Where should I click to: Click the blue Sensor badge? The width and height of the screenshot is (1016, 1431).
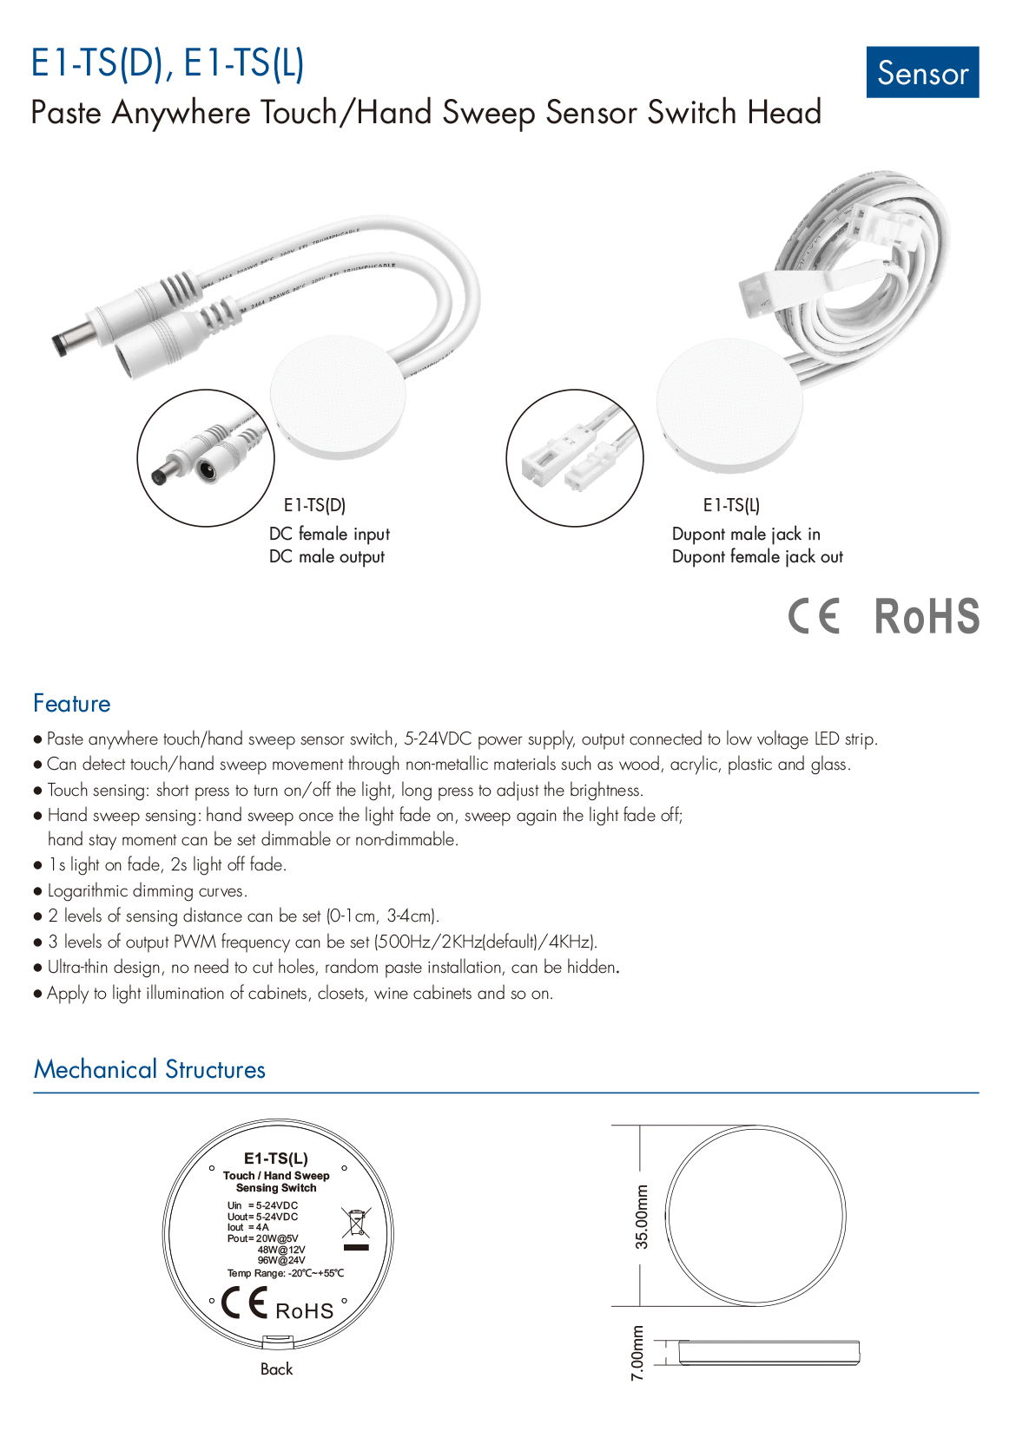922,73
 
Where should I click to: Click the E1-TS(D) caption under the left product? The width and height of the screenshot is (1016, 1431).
314,505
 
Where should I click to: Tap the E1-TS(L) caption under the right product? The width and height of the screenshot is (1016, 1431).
731,505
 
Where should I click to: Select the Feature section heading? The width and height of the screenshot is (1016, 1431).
72,704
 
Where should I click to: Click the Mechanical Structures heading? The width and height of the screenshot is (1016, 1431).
149,1069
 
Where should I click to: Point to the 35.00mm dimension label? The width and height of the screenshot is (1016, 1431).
642,1217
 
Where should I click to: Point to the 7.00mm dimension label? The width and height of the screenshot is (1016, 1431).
637,1353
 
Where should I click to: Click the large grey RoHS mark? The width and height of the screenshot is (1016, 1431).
927,617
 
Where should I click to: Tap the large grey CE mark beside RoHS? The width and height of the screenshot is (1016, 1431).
815,617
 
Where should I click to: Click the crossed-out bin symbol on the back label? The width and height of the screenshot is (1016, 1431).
356,1223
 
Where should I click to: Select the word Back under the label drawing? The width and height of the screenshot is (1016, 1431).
276,1369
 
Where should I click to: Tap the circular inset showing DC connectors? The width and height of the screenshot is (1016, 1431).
206,457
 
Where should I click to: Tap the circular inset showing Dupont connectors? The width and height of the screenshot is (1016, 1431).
575,457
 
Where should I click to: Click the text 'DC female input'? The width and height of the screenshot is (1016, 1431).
329,534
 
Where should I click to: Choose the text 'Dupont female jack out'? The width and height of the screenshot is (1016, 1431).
757,557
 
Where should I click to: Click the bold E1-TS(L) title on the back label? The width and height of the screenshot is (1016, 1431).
276,1159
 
